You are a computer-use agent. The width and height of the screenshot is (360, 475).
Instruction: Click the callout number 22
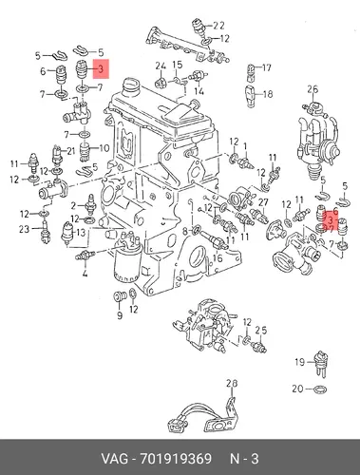(x=218, y=26)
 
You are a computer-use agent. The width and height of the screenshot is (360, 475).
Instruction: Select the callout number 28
(x=232, y=384)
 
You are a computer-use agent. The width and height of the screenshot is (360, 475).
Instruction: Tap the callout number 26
(x=313, y=89)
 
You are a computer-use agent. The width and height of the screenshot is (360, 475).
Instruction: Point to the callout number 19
(x=299, y=362)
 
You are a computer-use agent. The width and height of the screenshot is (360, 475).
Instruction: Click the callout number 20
(x=297, y=389)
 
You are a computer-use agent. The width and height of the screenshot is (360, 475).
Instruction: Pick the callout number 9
(x=120, y=315)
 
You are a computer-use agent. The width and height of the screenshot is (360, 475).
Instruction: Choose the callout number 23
(x=24, y=229)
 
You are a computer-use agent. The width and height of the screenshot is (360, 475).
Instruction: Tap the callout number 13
(x=81, y=233)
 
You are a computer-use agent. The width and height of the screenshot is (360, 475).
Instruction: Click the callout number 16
(x=218, y=258)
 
